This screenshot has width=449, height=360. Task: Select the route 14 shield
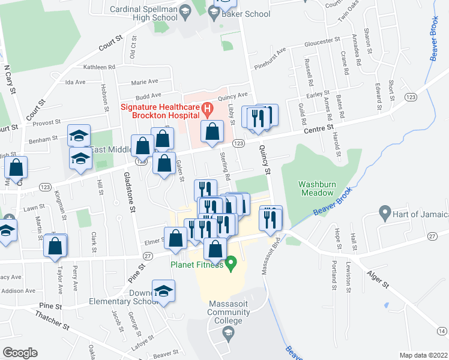point(442,332)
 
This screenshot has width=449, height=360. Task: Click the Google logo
point(20,353)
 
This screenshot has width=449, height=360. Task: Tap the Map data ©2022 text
point(423,355)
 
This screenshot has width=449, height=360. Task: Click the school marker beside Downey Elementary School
point(161,291)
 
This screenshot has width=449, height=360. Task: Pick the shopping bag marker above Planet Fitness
point(215,248)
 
